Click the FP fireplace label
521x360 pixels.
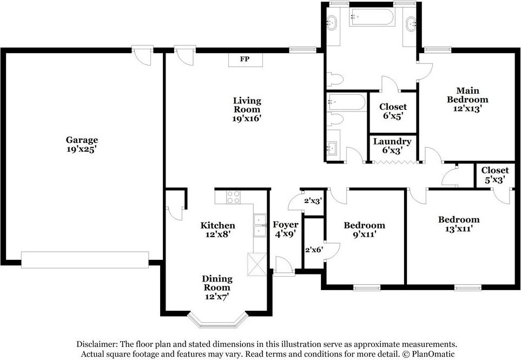coord(245,59)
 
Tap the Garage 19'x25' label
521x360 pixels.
coord(82,144)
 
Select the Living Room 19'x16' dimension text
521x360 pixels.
coord(247,118)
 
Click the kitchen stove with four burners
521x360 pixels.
coord(233,197)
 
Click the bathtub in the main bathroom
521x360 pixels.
coord(372,17)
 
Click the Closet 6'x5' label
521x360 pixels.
coord(393,112)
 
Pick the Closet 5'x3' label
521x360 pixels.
coord(495,175)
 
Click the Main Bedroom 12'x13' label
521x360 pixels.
coord(467,100)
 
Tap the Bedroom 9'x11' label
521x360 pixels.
coord(365,230)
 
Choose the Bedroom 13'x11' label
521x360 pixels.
coord(459,224)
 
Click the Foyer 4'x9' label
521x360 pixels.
coord(286,230)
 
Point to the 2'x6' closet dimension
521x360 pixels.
coord(314,250)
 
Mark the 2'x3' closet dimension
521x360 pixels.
coord(313,201)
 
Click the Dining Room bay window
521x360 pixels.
coord(217,322)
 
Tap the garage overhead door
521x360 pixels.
coord(85,260)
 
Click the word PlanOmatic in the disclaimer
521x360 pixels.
coord(433,354)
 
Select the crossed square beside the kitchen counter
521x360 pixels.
coord(257,265)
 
